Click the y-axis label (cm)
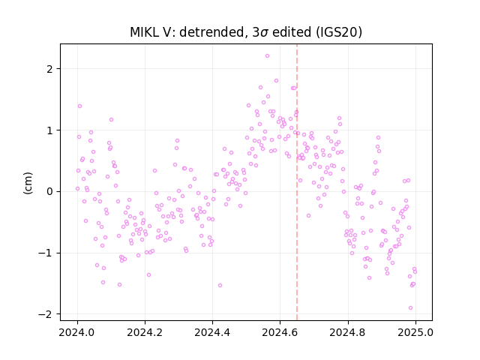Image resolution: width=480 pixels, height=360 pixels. [x=28, y=183]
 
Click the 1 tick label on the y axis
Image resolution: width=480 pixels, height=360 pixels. [x=49, y=130]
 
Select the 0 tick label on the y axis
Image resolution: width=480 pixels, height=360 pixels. [x=49, y=192]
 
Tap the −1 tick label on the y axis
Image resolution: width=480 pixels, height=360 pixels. [x=45, y=253]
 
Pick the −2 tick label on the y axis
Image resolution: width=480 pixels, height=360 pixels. [x=45, y=314]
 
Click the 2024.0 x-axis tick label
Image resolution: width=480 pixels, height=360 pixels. [x=77, y=332]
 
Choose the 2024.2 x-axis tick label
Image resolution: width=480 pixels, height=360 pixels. [x=145, y=332]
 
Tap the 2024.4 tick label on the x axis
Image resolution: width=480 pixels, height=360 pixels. [x=212, y=332]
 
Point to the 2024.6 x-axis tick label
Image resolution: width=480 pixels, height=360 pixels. [x=280, y=332]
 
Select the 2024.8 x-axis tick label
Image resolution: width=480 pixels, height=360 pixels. [x=347, y=332]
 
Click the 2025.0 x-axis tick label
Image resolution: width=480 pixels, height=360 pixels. [x=415, y=332]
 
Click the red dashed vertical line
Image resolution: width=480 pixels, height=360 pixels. [x=297, y=182]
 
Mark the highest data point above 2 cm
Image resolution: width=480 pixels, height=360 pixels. [x=267, y=56]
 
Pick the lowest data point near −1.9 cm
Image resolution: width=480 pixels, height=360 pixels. [x=410, y=308]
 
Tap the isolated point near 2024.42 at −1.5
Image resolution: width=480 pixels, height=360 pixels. [x=220, y=285]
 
